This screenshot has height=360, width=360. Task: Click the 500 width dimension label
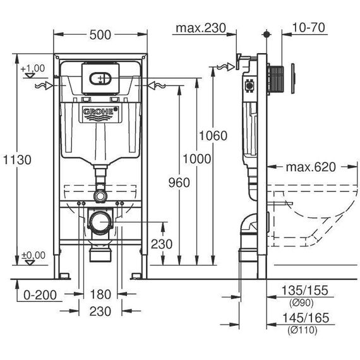click(100, 35)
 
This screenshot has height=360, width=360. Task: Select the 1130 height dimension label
click(17, 160)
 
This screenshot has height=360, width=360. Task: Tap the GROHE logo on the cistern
click(100, 112)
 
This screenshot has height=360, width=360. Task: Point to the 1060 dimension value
click(213, 135)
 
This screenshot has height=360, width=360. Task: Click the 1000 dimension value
click(197, 159)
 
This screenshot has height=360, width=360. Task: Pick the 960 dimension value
click(179, 183)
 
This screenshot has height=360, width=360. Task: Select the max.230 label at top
click(201, 28)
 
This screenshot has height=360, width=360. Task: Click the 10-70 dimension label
click(309, 28)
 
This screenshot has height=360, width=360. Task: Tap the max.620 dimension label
click(311, 167)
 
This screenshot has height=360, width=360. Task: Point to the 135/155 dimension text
click(304, 291)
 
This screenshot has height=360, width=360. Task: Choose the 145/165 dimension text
click(306, 318)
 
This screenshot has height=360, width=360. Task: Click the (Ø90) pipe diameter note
click(301, 303)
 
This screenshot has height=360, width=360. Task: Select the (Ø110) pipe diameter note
click(303, 330)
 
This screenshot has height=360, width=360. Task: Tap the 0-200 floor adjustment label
click(40, 295)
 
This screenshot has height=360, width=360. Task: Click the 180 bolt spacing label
click(100, 294)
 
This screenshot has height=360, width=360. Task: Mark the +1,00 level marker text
click(33, 68)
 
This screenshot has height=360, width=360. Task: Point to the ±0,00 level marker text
click(33, 255)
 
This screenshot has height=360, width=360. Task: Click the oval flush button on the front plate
click(100, 79)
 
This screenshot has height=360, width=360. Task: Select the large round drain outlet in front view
click(100, 222)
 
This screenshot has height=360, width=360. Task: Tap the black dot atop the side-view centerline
click(267, 34)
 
